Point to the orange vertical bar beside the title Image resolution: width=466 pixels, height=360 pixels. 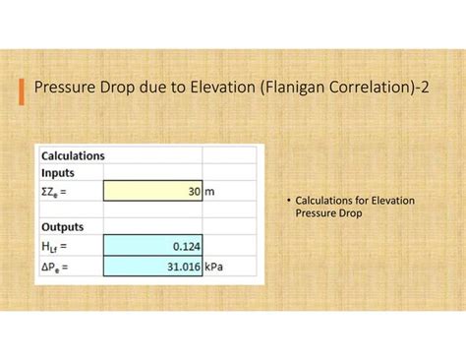tap(23, 90)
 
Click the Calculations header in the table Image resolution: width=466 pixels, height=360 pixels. tap(73, 155)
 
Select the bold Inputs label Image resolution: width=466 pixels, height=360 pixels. tap(58, 172)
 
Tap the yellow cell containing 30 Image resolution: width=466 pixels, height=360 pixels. tap(151, 191)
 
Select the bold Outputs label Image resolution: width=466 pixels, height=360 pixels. tap(62, 227)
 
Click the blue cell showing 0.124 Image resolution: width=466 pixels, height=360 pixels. tap(151, 246)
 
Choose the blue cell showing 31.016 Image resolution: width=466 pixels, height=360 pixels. tap(151, 265)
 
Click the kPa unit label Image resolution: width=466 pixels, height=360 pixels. tap(214, 265)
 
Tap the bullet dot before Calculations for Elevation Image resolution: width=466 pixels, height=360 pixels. tap(289, 201)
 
